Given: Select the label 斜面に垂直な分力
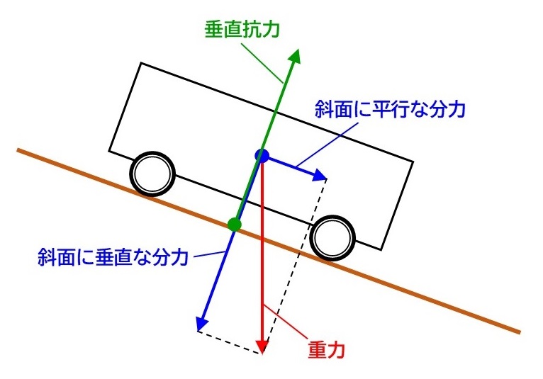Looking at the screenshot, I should coord(113,256).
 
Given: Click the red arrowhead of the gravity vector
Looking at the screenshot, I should coord(262,346).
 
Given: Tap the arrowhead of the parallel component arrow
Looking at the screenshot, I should coord(318,174).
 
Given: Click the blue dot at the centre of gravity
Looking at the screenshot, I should coord(262,156).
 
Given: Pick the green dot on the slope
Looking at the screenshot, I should coord(235,225).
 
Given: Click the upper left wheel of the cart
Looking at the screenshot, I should coord(152,172).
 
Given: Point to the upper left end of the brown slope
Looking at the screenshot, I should coord(20,150).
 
